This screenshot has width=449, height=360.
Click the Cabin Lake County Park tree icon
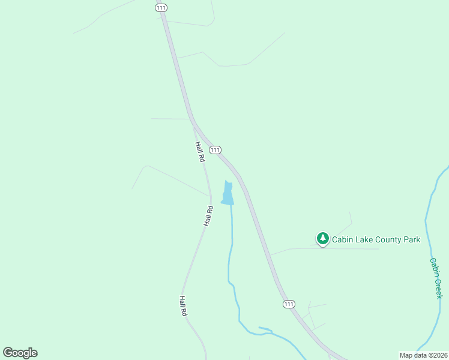pos(323,239)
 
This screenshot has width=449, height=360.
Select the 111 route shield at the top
pos(161,7)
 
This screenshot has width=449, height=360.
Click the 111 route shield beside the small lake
pos(215,149)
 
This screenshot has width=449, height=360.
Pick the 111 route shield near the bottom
pos(289,304)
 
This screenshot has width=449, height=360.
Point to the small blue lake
pos(228,194)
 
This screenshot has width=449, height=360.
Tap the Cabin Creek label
pos(436,278)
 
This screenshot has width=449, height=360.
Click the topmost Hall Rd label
pos(200,152)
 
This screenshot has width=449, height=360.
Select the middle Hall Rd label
pos(208,216)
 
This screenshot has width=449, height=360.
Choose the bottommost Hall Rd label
pos(184,306)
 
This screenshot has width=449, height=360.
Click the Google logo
pos(20,353)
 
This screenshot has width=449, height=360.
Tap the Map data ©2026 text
pos(424,355)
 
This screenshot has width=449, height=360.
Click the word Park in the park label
pos(411,240)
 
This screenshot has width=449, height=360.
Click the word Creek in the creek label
pos(438,287)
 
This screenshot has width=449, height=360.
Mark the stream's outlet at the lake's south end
pos(231,205)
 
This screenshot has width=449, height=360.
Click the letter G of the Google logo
pos(8,353)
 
